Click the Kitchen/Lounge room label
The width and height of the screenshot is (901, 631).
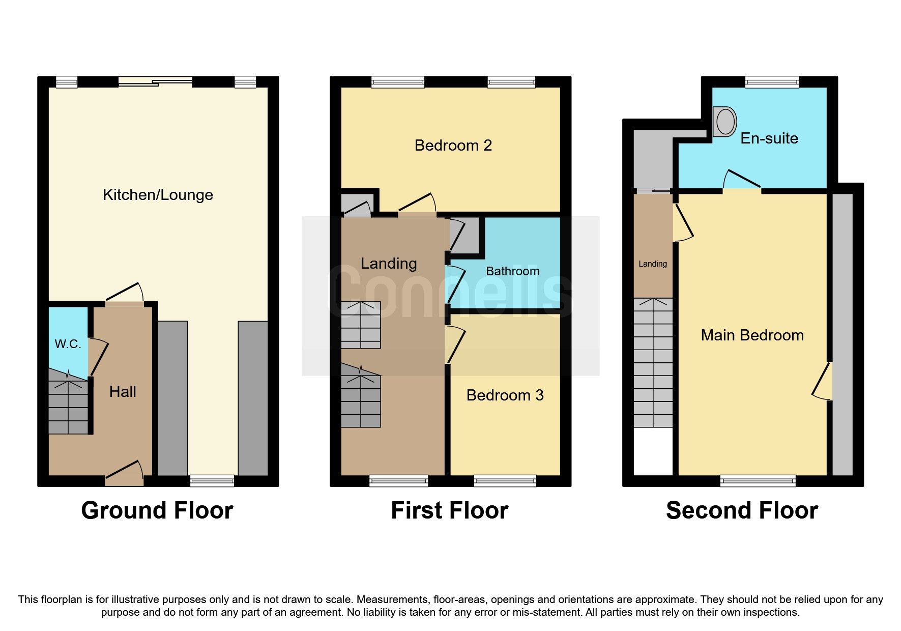158,195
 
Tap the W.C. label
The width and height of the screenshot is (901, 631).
68,345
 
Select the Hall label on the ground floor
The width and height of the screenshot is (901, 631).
123,391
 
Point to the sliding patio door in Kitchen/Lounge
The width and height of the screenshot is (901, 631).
155,81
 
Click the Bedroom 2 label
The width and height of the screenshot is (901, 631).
453,146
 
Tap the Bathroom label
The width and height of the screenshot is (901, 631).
512,271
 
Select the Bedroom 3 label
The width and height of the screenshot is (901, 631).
505,395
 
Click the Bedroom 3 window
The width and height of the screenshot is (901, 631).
505,480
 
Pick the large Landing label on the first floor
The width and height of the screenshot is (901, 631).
389,264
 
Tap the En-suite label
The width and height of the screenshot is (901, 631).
769,138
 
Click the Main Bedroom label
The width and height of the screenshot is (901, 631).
752,335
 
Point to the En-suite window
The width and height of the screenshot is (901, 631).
772,81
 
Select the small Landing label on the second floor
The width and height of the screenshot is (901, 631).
652,264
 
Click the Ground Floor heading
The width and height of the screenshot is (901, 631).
157,510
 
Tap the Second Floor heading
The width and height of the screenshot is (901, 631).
741,510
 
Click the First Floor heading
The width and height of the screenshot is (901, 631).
449,510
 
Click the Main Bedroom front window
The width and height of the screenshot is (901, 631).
758,480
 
